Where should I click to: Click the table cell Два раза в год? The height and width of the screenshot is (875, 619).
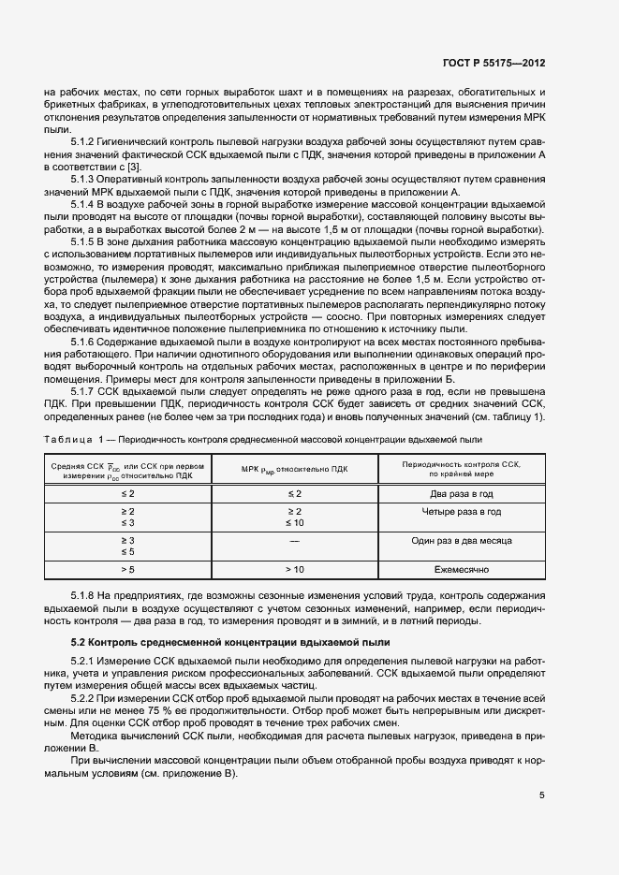coord(461,492)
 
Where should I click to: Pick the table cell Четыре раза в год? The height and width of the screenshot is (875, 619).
coord(461,512)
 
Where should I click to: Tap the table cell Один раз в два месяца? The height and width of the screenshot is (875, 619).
coord(461,540)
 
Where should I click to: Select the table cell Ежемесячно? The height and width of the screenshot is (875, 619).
coord(461,568)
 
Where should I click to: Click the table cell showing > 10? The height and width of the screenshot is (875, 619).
coord(294,568)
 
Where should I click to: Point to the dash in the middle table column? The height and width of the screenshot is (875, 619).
coord(294,540)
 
